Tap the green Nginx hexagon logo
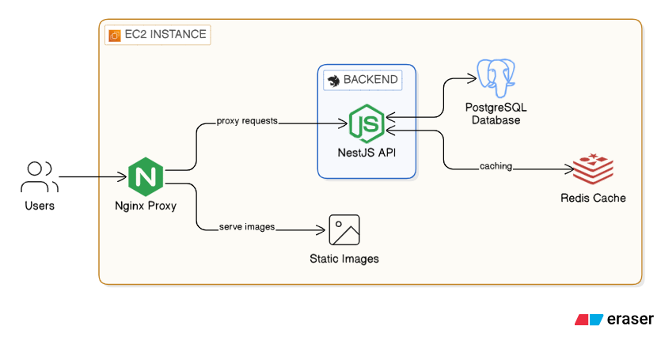[146, 176]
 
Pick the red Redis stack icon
[593, 168]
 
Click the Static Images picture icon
[344, 230]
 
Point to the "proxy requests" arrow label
[246, 122]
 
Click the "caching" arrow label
[496, 166]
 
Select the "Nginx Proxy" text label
[146, 207]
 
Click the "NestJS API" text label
[367, 152]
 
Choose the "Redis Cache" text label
[593, 198]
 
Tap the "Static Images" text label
[344, 259]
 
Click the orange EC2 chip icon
[113, 35]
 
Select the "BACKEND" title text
[370, 80]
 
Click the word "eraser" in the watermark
[631, 320]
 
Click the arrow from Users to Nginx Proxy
[91, 177]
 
